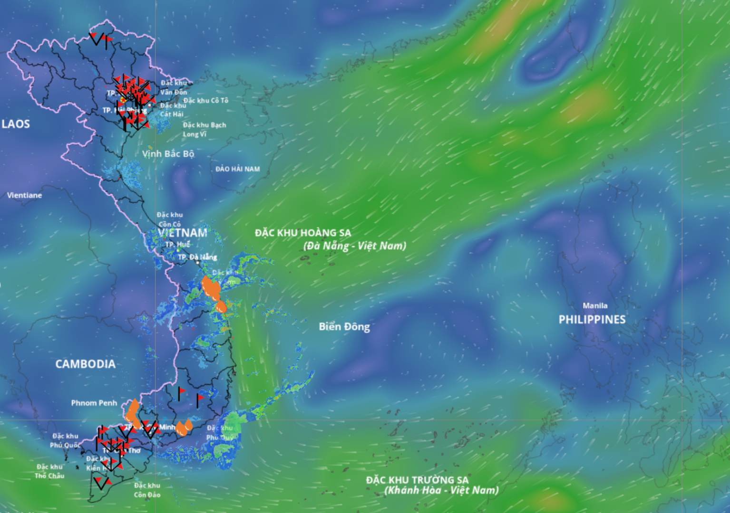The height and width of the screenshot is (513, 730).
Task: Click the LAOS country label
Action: click(x=16, y=124)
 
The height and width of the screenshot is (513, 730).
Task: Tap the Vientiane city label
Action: click(x=25, y=195)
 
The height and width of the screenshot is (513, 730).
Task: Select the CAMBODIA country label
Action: click(x=85, y=364)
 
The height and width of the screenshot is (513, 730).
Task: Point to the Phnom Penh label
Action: click(x=94, y=403)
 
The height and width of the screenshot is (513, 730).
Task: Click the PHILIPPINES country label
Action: click(x=592, y=319)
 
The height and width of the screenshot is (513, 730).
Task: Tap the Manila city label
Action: click(x=595, y=305)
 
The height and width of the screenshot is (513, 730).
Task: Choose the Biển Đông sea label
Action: click(x=344, y=326)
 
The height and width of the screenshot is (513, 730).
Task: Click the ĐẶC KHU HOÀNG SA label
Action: click(x=303, y=233)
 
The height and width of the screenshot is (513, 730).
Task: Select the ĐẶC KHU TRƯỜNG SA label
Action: click(x=417, y=480)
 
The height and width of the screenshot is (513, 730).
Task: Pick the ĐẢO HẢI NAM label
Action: click(x=237, y=169)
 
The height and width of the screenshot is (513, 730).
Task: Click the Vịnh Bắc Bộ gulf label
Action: click(x=168, y=154)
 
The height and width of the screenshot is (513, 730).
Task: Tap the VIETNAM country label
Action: click(x=183, y=233)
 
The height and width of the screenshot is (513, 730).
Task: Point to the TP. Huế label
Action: click(x=177, y=244)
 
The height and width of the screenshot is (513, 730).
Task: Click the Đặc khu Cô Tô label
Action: click(x=206, y=100)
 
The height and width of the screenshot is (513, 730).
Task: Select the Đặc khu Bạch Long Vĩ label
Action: click(x=204, y=130)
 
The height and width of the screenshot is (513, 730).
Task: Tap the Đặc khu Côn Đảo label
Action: click(x=147, y=490)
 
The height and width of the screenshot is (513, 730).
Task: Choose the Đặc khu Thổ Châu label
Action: click(x=49, y=471)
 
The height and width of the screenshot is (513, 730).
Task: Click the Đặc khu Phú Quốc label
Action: click(x=65, y=440)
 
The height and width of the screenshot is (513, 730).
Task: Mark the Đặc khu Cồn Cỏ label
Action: click(x=170, y=219)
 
